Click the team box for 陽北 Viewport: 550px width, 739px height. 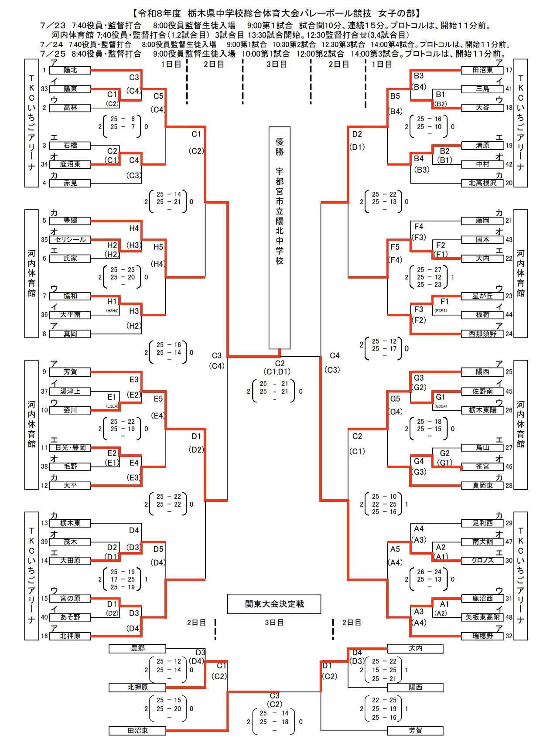(70, 70)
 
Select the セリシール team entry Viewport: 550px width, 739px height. (70, 239)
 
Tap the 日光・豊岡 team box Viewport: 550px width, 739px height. (70, 447)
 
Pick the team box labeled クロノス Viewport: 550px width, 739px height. (482, 560)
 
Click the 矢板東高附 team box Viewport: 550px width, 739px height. (482, 617)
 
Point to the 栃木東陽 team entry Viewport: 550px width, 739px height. (482, 410)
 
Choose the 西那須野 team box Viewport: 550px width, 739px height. (482, 334)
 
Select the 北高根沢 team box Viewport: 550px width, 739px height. (482, 183)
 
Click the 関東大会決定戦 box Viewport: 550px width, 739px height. (274, 604)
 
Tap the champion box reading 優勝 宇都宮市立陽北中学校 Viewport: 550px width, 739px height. (279, 238)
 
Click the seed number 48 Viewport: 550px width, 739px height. (509, 617)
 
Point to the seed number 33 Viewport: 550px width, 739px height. (44, 89)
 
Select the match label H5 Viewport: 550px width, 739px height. (158, 247)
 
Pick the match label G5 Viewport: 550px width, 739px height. (395, 398)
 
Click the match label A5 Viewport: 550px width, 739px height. (395, 549)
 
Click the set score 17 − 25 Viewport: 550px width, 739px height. (123, 579)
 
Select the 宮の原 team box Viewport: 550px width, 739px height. (70, 599)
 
